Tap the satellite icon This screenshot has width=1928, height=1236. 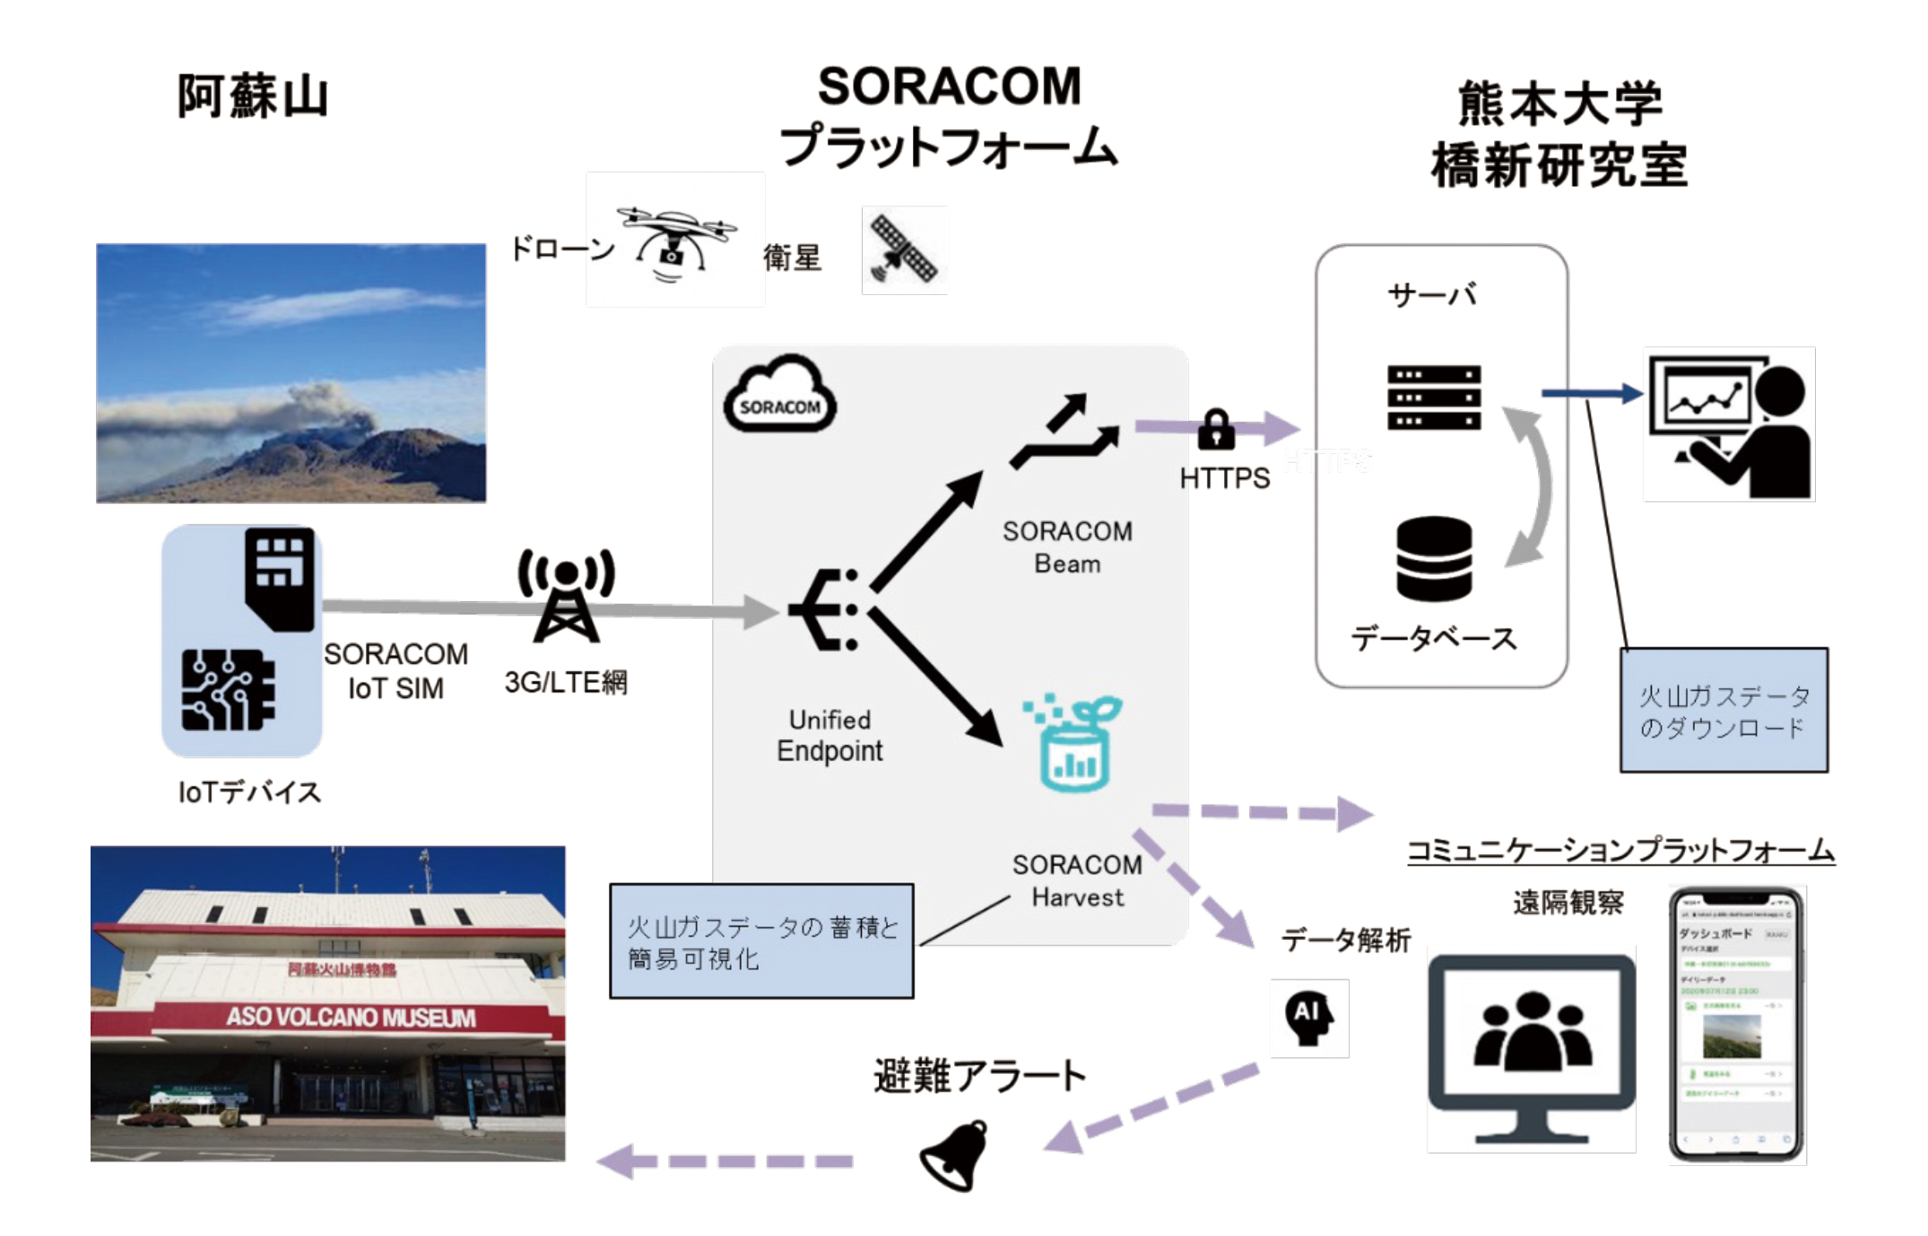coord(904,250)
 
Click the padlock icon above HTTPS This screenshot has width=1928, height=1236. coord(1216,430)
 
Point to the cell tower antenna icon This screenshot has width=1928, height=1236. coord(566,596)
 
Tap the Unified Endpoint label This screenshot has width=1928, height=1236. coord(829,736)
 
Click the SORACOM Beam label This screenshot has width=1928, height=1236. coord(1067,547)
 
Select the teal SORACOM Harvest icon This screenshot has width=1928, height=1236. coord(1073,744)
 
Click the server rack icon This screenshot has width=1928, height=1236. coord(1433,397)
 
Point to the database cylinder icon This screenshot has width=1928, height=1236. coord(1434,558)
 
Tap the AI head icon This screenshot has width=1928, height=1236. coord(1309,1018)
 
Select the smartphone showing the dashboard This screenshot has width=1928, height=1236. coord(1736,1024)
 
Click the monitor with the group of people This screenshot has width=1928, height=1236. coord(1532,1049)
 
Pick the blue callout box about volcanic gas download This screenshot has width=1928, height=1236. coord(1723,710)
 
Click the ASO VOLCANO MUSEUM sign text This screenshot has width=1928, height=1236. coord(351,1017)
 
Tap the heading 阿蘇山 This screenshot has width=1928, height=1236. coord(253,96)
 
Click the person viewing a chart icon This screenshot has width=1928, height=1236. coord(1730,424)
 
